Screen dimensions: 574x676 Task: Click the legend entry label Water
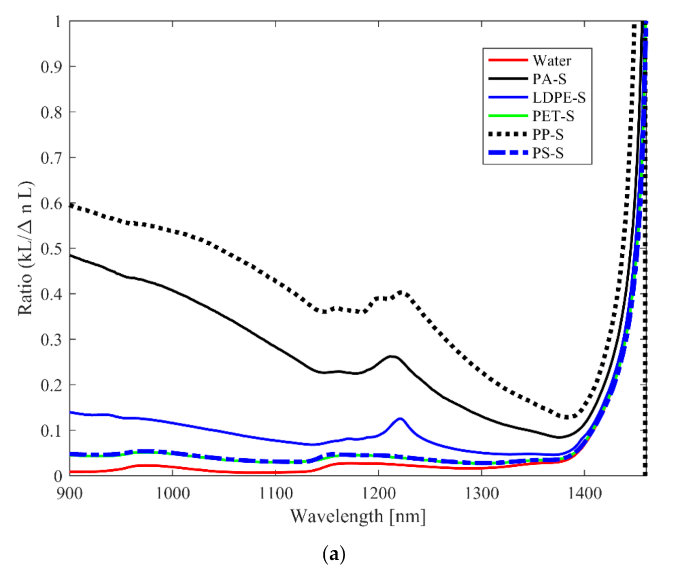click(x=552, y=60)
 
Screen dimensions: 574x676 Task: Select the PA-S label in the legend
click(x=549, y=79)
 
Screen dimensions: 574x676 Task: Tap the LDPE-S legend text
click(x=559, y=98)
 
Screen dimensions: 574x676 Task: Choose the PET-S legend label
click(x=553, y=116)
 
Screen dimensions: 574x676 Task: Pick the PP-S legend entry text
click(x=548, y=134)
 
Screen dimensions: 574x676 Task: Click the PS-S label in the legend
click(x=548, y=153)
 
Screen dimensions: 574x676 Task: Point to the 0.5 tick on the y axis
click(x=51, y=249)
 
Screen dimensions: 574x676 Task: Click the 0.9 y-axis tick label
click(x=51, y=66)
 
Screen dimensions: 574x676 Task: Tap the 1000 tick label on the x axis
click(x=173, y=493)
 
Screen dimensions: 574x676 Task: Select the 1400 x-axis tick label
click(x=584, y=493)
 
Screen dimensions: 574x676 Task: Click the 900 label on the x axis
click(x=69, y=493)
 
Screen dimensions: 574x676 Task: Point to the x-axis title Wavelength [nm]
click(x=358, y=517)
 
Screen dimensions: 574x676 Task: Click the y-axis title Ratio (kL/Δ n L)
click(x=26, y=248)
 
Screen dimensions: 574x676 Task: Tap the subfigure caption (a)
click(x=333, y=554)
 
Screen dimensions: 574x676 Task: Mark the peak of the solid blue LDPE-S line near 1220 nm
click(x=400, y=418)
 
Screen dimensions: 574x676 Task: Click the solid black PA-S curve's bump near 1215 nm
click(x=392, y=356)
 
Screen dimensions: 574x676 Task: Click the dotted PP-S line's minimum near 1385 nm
click(x=567, y=417)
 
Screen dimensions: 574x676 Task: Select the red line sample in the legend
click(x=508, y=60)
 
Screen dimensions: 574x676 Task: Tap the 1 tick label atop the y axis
click(x=58, y=21)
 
